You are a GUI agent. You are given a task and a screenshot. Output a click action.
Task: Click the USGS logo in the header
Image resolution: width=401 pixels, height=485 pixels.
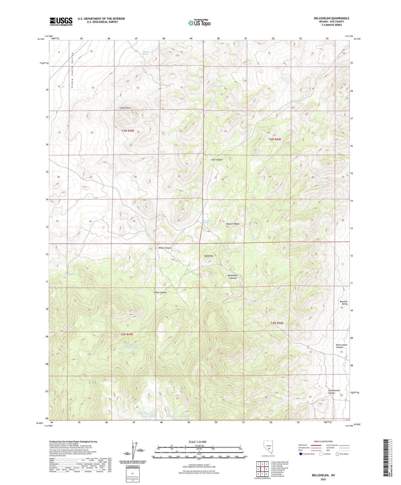[61, 21]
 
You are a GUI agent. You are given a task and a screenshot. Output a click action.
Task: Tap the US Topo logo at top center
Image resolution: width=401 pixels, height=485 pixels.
[199, 23]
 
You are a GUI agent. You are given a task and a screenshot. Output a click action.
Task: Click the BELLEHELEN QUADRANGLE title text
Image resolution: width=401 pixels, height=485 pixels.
[331, 18]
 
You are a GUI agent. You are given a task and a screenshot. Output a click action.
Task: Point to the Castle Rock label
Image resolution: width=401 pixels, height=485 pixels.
[125, 108]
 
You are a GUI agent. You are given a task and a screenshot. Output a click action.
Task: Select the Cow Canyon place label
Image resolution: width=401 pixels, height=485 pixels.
[217, 160]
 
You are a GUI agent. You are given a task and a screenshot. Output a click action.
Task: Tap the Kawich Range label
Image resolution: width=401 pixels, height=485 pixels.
[233, 224]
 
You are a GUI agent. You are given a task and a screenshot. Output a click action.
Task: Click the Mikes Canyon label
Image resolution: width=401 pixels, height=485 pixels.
[165, 248]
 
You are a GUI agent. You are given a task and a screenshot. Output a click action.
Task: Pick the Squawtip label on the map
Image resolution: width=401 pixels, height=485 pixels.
[208, 256]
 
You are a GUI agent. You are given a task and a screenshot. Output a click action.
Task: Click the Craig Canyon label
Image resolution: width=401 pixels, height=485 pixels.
[160, 292]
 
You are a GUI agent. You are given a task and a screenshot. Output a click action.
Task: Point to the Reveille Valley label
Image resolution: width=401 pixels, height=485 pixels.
[344, 303]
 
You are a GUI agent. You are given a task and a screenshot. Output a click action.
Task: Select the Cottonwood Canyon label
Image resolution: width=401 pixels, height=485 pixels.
[334, 392]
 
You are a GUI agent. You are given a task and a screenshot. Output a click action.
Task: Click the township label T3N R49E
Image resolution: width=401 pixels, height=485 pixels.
[128, 131]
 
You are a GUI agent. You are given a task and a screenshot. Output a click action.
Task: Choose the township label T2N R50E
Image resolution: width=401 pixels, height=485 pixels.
[277, 323]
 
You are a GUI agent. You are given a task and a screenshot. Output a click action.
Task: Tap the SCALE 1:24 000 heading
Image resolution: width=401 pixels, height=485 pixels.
[197, 442]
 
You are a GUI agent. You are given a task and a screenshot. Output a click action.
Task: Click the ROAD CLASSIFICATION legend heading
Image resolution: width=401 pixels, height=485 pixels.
[323, 441]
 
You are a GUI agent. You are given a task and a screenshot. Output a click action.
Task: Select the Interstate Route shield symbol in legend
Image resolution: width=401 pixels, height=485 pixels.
[301, 454]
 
